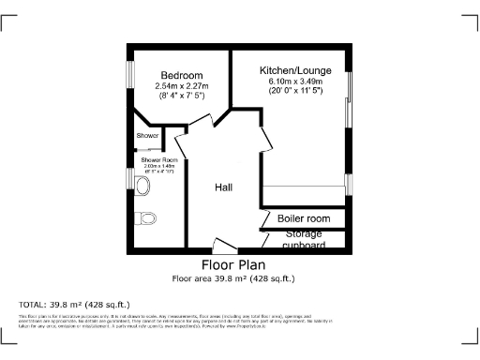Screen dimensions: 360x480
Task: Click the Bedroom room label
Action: point(181,76)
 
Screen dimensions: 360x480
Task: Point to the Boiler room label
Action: point(304,218)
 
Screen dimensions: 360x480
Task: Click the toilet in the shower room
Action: point(145,218)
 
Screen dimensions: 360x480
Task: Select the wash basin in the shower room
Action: point(142,187)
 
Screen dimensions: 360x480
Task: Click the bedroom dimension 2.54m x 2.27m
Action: point(181,87)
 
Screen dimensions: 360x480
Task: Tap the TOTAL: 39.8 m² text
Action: point(74,305)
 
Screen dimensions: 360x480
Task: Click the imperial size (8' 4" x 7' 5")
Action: point(181,97)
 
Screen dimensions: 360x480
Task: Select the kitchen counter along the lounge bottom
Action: point(303,196)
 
